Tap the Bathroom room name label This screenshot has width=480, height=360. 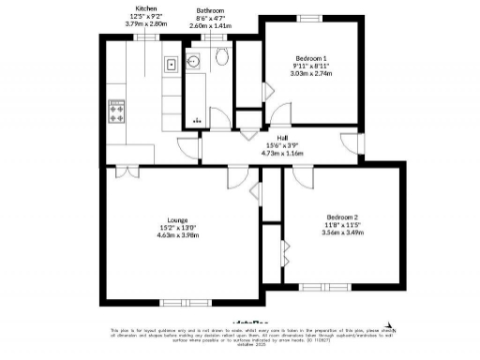tap(209, 10)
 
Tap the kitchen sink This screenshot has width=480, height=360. tap(172, 66)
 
